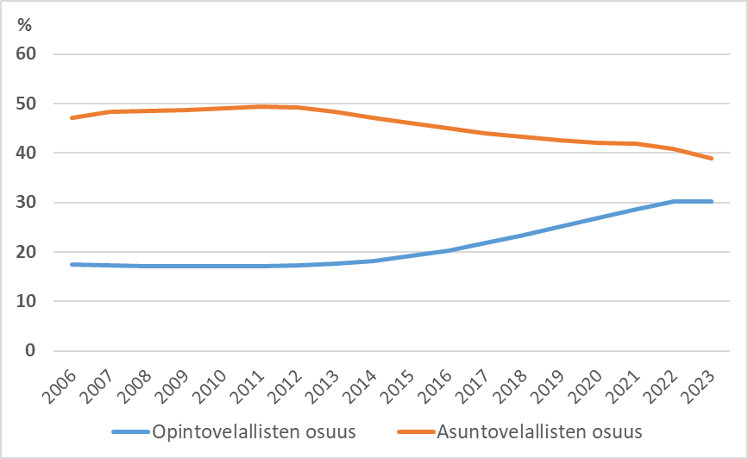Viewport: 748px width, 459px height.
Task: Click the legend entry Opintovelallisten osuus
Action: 254,431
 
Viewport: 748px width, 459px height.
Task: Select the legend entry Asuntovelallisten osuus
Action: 540,431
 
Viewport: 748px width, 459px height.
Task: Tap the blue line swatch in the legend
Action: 129,431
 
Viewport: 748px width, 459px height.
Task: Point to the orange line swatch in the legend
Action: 414,431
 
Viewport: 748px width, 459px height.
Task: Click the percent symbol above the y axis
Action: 24,25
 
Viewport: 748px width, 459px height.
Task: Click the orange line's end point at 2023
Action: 713,159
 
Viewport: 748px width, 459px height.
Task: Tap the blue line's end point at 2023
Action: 713,201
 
